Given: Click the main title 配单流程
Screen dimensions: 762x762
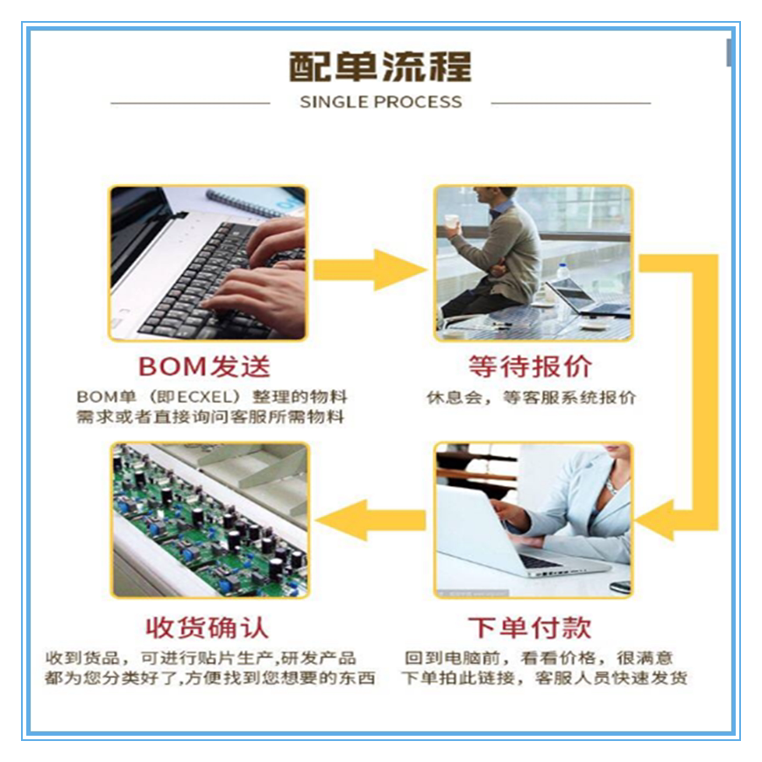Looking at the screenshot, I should point(380,67).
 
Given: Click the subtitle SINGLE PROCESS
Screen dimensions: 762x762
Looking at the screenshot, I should point(380,102).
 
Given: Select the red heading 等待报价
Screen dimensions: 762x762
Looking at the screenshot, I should point(531,365).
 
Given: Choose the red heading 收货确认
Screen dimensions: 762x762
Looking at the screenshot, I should point(207,627).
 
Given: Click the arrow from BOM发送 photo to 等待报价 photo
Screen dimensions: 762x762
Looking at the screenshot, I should point(368,269).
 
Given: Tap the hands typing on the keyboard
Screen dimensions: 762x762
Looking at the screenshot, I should point(254,272).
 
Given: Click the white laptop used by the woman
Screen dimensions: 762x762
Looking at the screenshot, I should point(499,534).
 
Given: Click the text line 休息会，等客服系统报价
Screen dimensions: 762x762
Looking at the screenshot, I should point(531,398).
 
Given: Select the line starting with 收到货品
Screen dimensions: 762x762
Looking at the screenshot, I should point(201,658).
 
